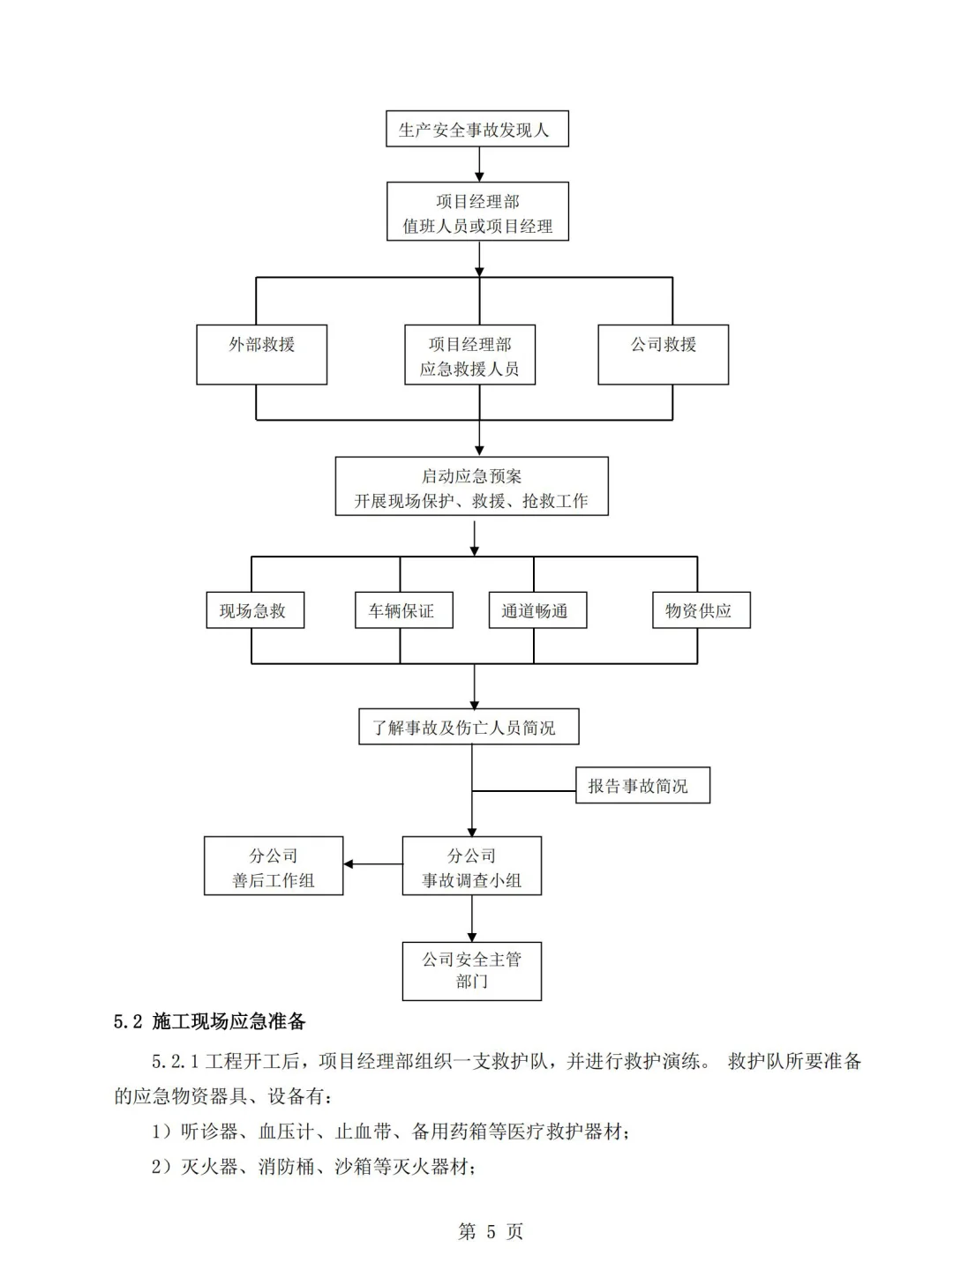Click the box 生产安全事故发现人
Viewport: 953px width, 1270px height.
pyautogui.click(x=476, y=129)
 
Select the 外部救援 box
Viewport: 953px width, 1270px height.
pyautogui.click(x=261, y=355)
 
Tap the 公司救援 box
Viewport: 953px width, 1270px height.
pyautogui.click(x=663, y=355)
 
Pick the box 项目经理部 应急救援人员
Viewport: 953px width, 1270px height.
pyautogui.click(x=469, y=355)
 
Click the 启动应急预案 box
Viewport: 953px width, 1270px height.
pyautogui.click(x=471, y=486)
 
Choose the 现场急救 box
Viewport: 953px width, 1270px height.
pyautogui.click(x=255, y=610)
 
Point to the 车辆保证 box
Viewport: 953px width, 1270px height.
pyautogui.click(x=403, y=610)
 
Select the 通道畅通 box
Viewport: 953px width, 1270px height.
pyautogui.click(x=537, y=610)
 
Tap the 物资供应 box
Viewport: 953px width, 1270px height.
pyautogui.click(x=701, y=610)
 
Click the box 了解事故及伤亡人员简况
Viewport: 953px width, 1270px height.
pyautogui.click(x=469, y=727)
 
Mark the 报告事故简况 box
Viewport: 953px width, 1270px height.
pyautogui.click(x=642, y=785)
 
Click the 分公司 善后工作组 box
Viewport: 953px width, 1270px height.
pyautogui.click(x=274, y=866)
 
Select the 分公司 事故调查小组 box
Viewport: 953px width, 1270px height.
pyautogui.click(x=471, y=866)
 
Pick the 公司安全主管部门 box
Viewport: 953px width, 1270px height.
pyautogui.click(x=471, y=970)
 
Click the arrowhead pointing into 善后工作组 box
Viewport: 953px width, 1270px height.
pyautogui.click(x=349, y=864)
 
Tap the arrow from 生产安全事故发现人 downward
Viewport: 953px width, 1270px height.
pyautogui.click(x=479, y=164)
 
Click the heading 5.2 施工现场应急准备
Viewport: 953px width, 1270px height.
pyautogui.click(x=210, y=1021)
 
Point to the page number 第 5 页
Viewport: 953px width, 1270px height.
pyautogui.click(x=491, y=1231)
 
